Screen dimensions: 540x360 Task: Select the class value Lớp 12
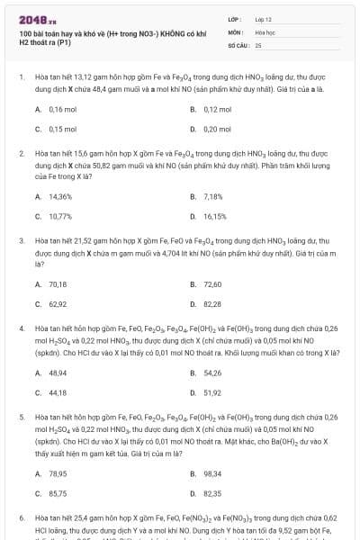click(264, 18)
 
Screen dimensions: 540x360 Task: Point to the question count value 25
click(258, 44)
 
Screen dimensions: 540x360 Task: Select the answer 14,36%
click(60, 195)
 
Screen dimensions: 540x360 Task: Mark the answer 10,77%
click(60, 216)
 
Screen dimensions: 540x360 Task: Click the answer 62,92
click(58, 304)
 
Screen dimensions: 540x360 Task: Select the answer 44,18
click(58, 392)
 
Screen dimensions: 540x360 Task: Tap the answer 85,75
click(58, 493)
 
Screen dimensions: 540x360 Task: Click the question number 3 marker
click(21, 241)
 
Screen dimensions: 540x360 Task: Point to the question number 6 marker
click(21, 519)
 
